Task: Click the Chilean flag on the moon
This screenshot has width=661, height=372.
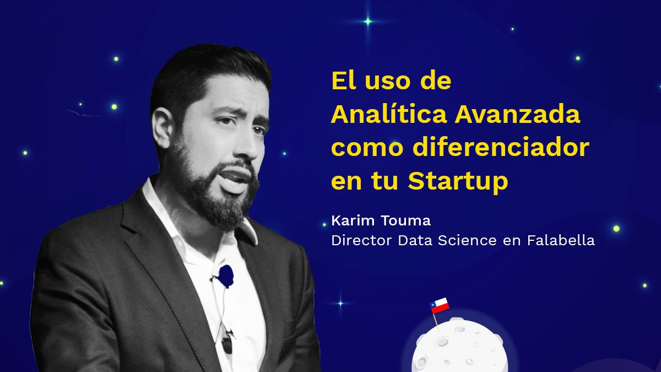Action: [x=440, y=305]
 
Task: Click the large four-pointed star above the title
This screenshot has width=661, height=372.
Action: [x=368, y=22]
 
